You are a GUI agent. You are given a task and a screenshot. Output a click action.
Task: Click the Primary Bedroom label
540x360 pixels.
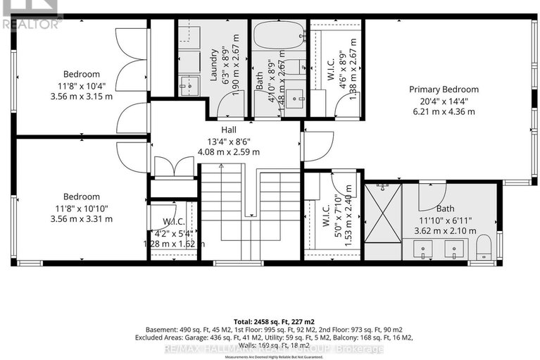point(444,89)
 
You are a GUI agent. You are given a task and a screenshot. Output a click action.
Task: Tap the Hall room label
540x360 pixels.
point(227,130)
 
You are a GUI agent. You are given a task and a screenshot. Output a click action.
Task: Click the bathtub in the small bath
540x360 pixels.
point(278,35)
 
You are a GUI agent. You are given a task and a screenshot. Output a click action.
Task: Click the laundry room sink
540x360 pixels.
point(187,86)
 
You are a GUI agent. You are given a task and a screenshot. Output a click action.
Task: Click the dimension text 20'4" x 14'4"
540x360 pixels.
point(444,101)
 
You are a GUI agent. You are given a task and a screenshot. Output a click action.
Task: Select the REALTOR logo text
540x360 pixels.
point(31,24)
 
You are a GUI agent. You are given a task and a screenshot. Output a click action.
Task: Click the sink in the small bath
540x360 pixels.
point(294,95)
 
